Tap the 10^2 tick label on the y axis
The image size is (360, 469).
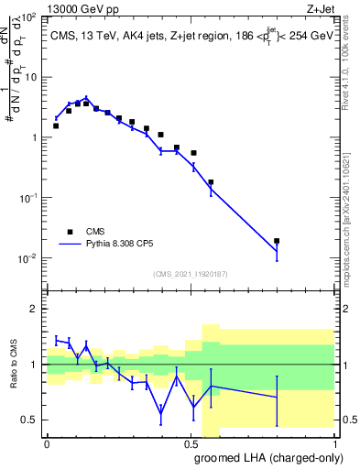click(29, 17)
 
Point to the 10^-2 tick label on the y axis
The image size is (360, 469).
click(29, 258)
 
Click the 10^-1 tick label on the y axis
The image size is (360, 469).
click(29, 198)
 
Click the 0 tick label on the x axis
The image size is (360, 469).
click(47, 443)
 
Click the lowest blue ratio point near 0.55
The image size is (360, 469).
click(161, 412)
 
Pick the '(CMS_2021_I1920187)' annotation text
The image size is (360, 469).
click(190, 273)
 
